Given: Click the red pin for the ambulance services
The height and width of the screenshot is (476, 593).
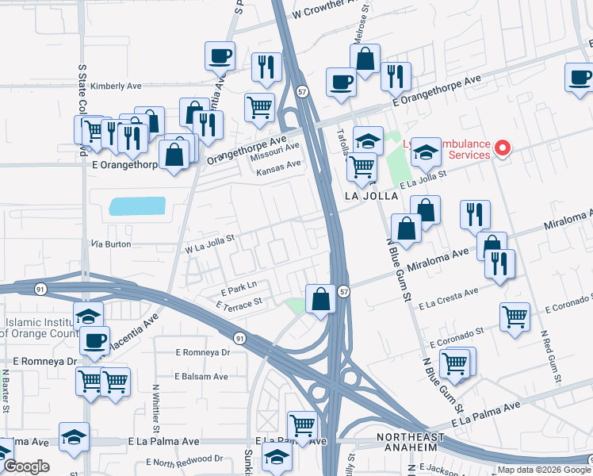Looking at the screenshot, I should [502, 148].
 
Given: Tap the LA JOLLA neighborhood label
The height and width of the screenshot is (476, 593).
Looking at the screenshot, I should [371, 196].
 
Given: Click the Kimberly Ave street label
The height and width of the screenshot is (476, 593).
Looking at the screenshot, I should [116, 86].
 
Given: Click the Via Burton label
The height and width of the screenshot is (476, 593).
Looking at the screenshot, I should [111, 244].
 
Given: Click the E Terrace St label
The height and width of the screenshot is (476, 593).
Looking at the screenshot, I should [238, 303].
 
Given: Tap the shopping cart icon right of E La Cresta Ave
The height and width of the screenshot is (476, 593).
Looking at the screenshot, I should [515, 317].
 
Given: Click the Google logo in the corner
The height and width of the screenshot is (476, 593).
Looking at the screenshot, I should [27, 467].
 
